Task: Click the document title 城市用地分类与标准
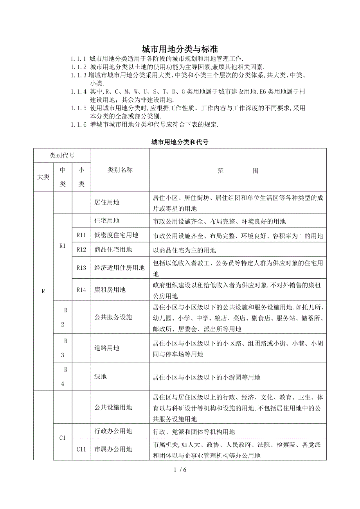pyautogui.click(x=180, y=49)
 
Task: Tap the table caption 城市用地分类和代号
pyautogui.click(x=180, y=142)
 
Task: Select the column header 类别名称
pyautogui.click(x=120, y=170)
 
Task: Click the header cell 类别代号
pyautogui.click(x=62, y=156)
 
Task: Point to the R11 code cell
pyautogui.click(x=81, y=235)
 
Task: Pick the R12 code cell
pyautogui.click(x=81, y=250)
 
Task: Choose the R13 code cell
pyautogui.click(x=81, y=268)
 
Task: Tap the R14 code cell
pyautogui.click(x=81, y=290)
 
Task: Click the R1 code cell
pyautogui.click(x=62, y=246)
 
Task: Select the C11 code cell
pyautogui.click(x=81, y=450)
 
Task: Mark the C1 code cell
pyautogui.click(x=62, y=438)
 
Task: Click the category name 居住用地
pyautogui.click(x=107, y=203)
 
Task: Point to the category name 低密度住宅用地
pyautogui.click(x=116, y=235)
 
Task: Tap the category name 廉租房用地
pyautogui.click(x=110, y=290)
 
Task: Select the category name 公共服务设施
pyautogui.click(x=113, y=317)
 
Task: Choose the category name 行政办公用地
pyautogui.click(x=113, y=431)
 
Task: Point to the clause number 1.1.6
pyautogui.click(x=78, y=125)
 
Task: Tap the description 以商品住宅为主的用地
pyautogui.click(x=184, y=250)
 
